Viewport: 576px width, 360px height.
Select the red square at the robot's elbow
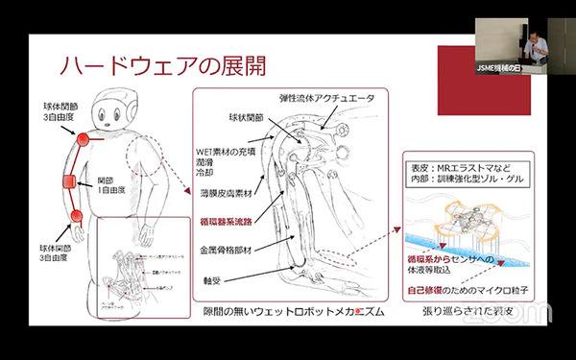pos(69,181)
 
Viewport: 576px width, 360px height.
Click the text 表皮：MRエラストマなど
pos(469,165)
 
